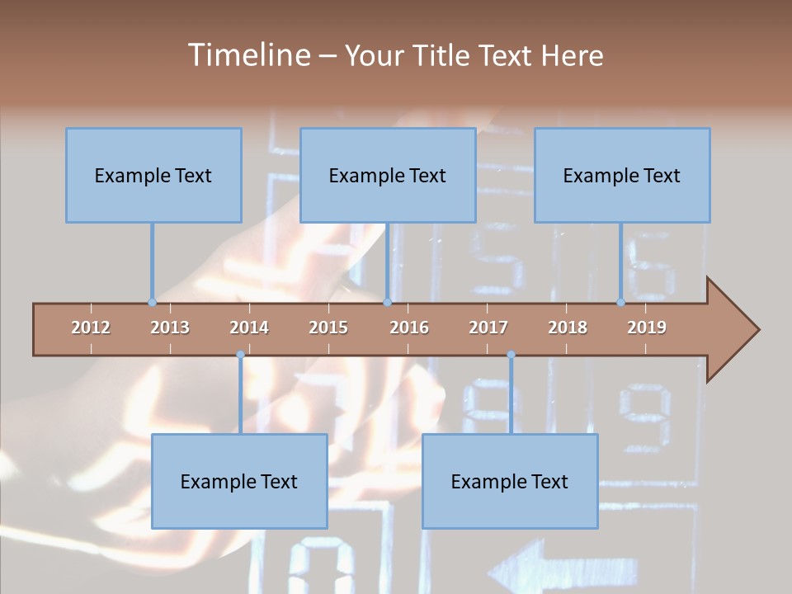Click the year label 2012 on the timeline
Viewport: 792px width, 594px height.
[91, 328]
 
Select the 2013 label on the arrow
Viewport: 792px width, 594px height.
[170, 328]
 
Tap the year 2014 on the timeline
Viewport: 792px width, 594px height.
[249, 328]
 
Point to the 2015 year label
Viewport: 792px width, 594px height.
[328, 328]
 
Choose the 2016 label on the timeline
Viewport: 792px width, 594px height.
[409, 328]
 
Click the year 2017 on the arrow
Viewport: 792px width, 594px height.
[488, 328]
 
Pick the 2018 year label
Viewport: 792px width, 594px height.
[568, 328]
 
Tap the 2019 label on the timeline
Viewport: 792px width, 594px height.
[647, 328]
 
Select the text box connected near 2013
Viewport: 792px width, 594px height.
[153, 175]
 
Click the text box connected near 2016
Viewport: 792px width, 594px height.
[388, 175]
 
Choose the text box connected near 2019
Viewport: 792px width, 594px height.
[622, 175]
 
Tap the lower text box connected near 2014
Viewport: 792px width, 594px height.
[239, 481]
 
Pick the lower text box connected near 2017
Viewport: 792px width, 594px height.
[510, 481]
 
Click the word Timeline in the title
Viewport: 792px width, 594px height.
[247, 55]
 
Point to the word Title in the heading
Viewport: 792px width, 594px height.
[443, 55]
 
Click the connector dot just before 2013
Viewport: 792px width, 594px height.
[152, 302]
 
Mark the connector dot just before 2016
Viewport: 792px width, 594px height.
[387, 302]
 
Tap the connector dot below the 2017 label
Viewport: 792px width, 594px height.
[511, 355]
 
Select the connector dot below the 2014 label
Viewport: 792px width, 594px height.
[240, 355]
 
